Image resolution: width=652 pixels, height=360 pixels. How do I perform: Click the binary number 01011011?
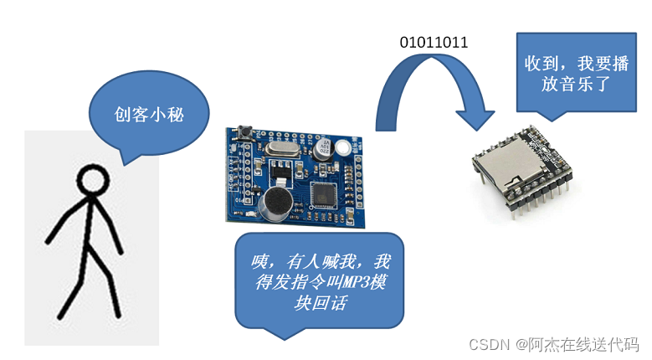434,43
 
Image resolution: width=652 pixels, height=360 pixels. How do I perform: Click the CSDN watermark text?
490,344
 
